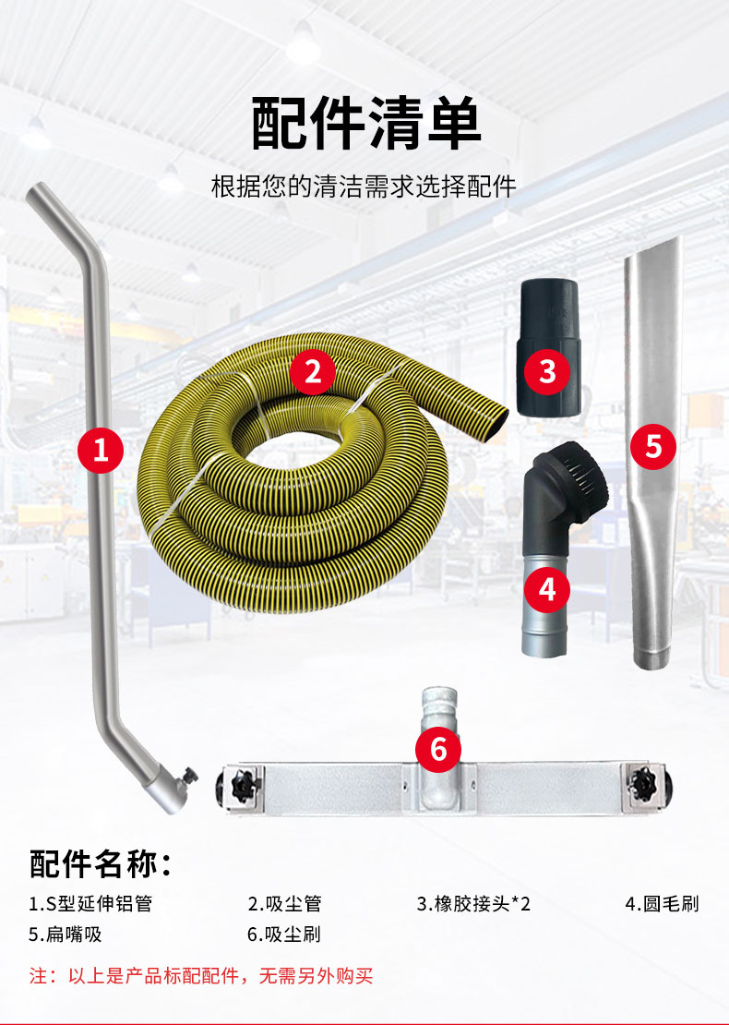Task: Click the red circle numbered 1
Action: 101,450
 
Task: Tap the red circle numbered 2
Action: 313,372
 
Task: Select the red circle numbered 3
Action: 548,371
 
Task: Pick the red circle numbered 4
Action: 548,588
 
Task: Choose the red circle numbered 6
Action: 438,748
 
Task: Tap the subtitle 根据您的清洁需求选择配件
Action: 364,186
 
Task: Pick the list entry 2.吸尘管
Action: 284,903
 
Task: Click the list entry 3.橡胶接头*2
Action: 473,903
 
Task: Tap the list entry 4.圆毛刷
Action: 663,903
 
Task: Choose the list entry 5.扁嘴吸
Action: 65,934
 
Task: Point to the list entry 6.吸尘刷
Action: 284,934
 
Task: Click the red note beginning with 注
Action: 201,975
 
